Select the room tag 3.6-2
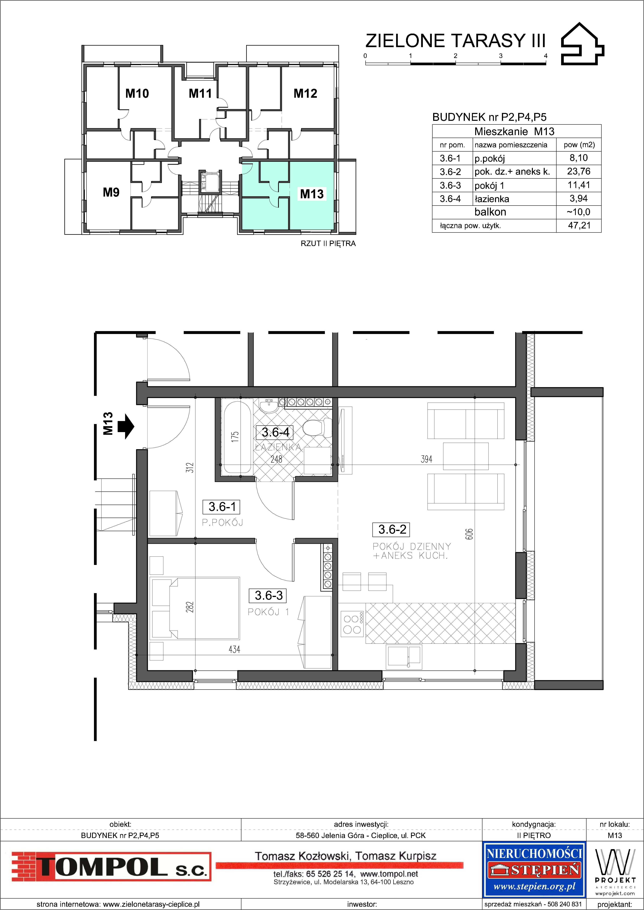(392, 529)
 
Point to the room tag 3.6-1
(222, 507)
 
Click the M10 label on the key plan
(137, 94)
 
